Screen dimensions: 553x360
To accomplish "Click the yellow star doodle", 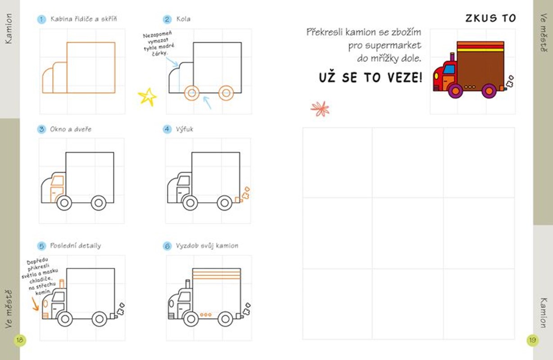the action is (147, 97).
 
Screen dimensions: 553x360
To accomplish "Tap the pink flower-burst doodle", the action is (320, 108).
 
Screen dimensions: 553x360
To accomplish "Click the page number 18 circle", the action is (19, 340).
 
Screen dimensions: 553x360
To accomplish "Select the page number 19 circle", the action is (532, 340).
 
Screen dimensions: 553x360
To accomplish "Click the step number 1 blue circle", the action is (41, 19).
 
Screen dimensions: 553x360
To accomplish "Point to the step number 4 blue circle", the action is (167, 129).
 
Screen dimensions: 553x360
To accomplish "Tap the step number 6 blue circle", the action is (167, 246).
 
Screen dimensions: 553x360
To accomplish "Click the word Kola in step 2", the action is (183, 19).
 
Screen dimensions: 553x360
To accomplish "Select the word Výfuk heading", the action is (185, 129).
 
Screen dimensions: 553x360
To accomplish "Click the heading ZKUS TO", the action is (491, 18).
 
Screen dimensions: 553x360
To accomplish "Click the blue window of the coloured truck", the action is (449, 69).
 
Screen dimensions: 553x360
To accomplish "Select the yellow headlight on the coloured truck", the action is (436, 76).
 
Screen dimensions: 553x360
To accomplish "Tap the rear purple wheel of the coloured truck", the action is (489, 91).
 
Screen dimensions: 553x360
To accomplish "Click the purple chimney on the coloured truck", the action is (452, 57).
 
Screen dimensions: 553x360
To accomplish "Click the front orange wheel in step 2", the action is (192, 93).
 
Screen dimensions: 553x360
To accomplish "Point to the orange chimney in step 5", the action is (62, 284).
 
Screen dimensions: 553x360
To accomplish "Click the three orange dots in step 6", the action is (206, 315).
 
